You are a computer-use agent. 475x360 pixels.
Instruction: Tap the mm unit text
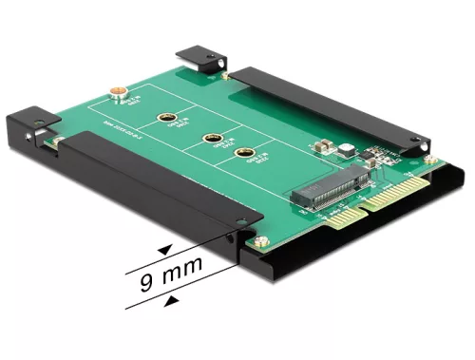click(x=184, y=282)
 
